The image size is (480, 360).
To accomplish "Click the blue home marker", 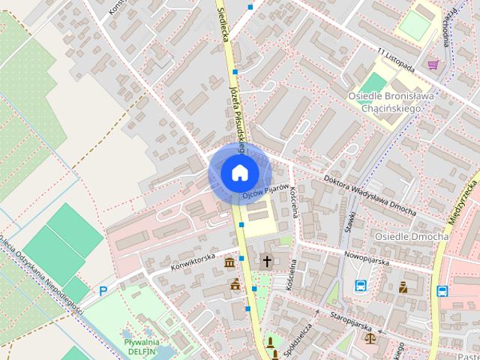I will coord(239,173).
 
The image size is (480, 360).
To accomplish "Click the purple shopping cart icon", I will coord(433,64).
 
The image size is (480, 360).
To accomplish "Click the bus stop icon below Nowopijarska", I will coord(361,285).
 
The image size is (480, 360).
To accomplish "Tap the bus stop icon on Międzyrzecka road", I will coord(442,291).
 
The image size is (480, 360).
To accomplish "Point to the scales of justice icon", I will coord(370,338).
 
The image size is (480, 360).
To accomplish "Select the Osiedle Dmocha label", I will coord(412,236).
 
